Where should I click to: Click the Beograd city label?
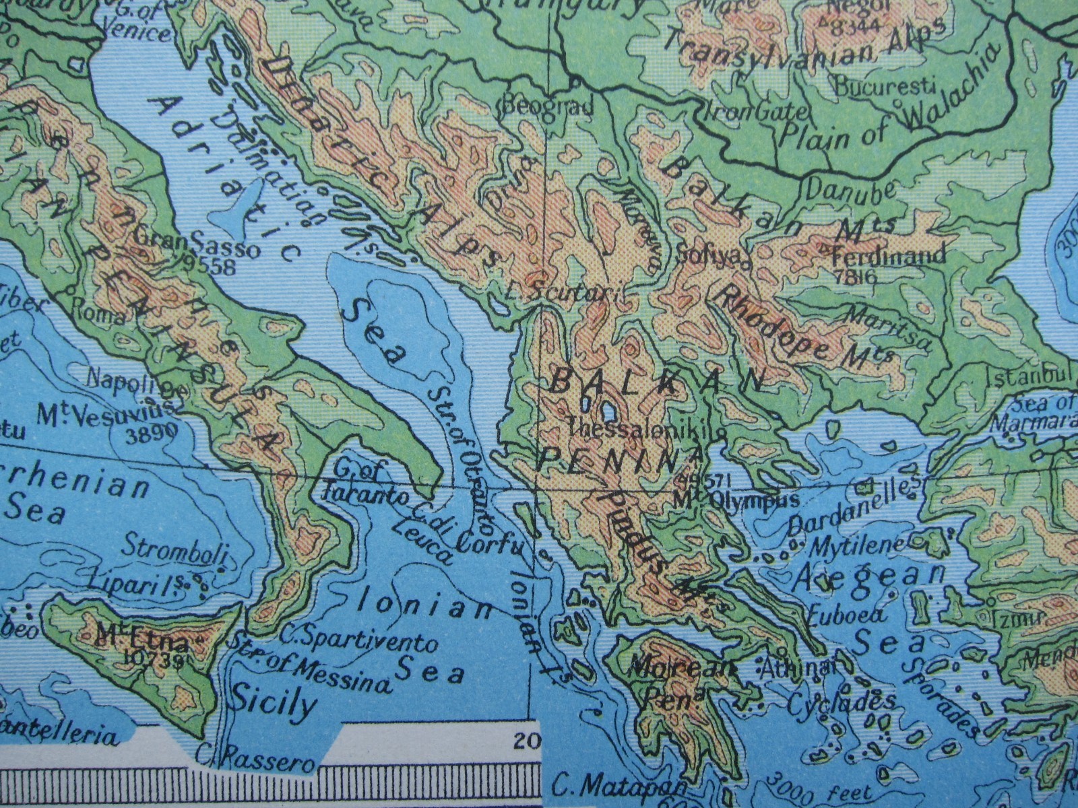coord(548,106)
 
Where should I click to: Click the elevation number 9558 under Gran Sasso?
coord(215,267)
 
